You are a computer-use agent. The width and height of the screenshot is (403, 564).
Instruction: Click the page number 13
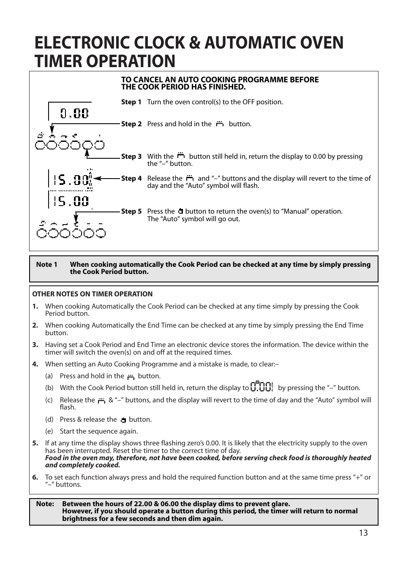[363, 533]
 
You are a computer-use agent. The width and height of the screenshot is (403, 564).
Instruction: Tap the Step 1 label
[131, 102]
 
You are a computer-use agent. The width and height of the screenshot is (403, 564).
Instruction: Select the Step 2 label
[131, 124]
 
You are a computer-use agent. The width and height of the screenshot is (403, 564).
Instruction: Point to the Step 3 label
[131, 157]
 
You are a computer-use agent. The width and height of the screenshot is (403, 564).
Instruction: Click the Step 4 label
[131, 179]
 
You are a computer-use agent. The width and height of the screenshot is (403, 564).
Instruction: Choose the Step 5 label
[131, 211]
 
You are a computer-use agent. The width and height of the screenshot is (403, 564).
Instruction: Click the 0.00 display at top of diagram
[74, 113]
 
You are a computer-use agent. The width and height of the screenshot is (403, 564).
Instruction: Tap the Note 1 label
[46, 265]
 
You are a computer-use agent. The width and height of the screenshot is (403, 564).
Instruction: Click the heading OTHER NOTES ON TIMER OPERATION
[92, 294]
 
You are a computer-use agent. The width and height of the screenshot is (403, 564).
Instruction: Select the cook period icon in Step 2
[220, 124]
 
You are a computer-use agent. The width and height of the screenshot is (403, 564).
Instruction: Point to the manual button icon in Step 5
[180, 211]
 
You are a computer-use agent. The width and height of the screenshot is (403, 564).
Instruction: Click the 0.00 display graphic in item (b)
[262, 387]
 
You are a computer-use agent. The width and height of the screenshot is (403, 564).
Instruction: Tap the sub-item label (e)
[49, 431]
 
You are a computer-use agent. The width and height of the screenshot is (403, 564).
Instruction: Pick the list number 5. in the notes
[35, 443]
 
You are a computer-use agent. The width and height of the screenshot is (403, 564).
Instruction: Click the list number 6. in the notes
[35, 477]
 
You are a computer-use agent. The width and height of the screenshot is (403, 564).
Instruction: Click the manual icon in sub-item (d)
[123, 420]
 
